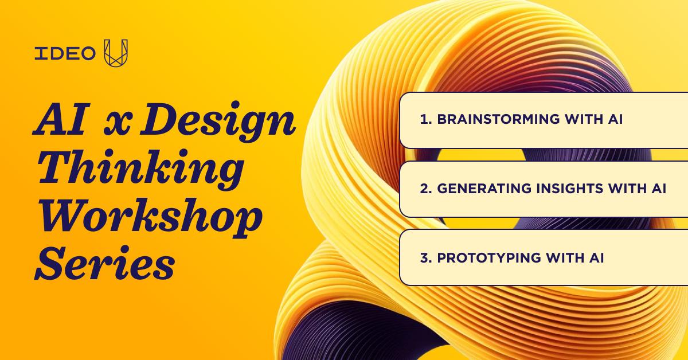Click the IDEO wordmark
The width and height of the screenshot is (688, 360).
pyautogui.click(x=65, y=53)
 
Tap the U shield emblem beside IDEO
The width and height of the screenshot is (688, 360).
pyautogui.click(x=116, y=53)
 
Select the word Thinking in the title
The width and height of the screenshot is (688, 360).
pyautogui.click(x=140, y=170)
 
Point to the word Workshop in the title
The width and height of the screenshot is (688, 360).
pyautogui.click(x=150, y=217)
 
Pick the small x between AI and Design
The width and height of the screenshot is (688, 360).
pyautogui.click(x=118, y=123)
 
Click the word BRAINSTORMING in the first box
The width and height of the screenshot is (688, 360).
pyautogui.click(x=498, y=119)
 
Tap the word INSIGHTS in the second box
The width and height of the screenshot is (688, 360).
pyautogui.click(x=570, y=188)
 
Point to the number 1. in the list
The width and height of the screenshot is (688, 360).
pyautogui.click(x=425, y=119)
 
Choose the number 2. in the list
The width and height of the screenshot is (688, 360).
pyautogui.click(x=426, y=188)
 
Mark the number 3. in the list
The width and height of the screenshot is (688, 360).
pyautogui.click(x=426, y=257)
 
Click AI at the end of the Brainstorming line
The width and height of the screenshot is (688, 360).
pyautogui.click(x=615, y=119)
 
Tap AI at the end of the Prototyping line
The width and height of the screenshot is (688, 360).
pyautogui.click(x=596, y=257)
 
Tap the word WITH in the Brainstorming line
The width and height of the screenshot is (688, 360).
pyautogui.click(x=583, y=119)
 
